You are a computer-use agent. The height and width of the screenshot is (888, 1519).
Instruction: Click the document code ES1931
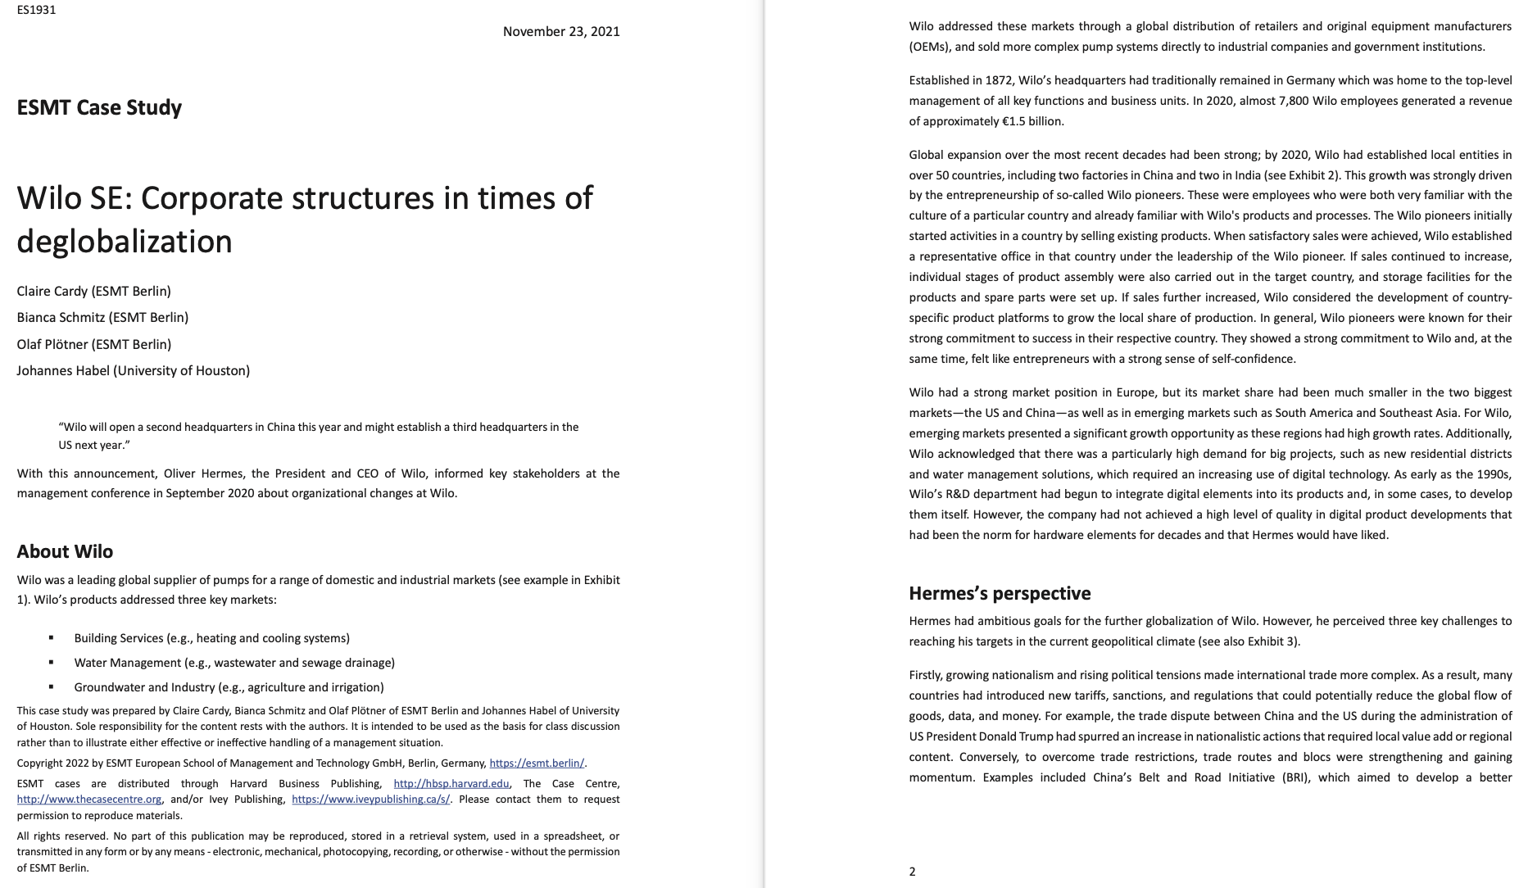(x=36, y=10)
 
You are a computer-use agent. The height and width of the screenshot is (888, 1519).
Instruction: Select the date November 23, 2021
(x=560, y=31)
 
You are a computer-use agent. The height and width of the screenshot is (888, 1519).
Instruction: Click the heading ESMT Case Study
(x=99, y=107)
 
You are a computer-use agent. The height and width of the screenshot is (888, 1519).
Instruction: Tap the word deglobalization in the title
(x=125, y=242)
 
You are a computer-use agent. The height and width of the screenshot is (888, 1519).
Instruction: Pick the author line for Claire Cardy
(x=93, y=291)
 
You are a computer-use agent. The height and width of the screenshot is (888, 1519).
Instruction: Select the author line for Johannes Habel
(x=133, y=370)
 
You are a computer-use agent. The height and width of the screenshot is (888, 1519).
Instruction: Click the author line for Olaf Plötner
(x=93, y=344)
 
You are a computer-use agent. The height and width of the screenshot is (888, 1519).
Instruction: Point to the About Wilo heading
(x=65, y=551)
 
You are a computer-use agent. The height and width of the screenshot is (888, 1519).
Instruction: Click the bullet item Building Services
(x=211, y=638)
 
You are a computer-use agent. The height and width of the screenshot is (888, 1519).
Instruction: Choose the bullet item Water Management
(x=234, y=663)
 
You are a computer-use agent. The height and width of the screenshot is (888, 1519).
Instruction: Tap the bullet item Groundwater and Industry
(x=229, y=687)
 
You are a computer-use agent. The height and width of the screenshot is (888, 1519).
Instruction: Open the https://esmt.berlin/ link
(x=536, y=763)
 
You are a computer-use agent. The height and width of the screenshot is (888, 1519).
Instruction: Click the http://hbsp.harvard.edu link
(x=451, y=784)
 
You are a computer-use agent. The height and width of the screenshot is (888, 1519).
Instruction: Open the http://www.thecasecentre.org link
(x=89, y=800)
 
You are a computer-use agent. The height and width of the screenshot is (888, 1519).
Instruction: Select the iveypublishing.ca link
(x=370, y=800)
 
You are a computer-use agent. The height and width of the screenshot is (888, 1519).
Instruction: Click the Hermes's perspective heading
(x=1000, y=593)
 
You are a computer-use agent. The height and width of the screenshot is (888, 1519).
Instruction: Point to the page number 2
(x=912, y=872)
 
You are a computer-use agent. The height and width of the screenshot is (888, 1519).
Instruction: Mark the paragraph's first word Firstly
(x=926, y=675)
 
